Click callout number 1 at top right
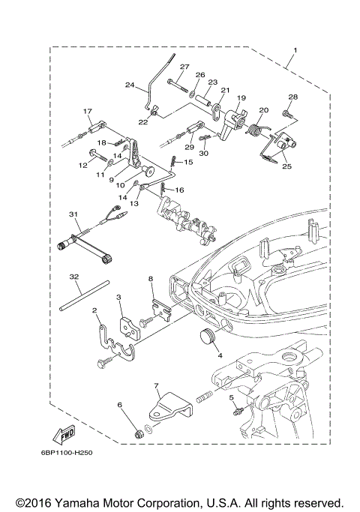pyautogui.click(x=295, y=50)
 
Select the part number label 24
pyautogui.click(x=129, y=85)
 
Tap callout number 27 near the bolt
pyautogui.click(x=184, y=67)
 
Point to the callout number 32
pyautogui.click(x=73, y=277)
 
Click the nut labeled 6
pyautogui.click(x=139, y=434)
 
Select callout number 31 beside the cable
pyautogui.click(x=73, y=214)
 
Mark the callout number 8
pyautogui.click(x=151, y=278)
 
